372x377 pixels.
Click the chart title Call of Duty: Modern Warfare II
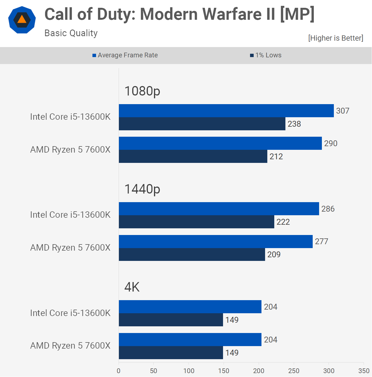click(x=179, y=14)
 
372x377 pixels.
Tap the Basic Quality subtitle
click(x=71, y=33)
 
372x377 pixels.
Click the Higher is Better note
click(x=336, y=38)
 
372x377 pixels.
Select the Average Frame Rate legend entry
click(x=125, y=55)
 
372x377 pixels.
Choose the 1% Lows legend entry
click(x=266, y=55)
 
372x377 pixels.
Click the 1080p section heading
click(x=142, y=91)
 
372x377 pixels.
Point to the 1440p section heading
click(x=142, y=189)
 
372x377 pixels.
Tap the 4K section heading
click(x=132, y=287)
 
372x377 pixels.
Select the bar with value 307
click(x=226, y=111)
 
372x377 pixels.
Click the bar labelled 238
click(x=202, y=124)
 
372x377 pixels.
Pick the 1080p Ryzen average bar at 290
click(x=220, y=143)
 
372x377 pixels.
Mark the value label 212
click(x=276, y=156)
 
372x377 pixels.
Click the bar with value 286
click(x=219, y=209)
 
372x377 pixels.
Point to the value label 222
click(x=283, y=222)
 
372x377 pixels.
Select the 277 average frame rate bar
click(x=216, y=241)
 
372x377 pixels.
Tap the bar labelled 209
click(x=192, y=254)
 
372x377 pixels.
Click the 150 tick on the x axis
click(x=224, y=371)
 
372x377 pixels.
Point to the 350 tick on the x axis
click(x=364, y=371)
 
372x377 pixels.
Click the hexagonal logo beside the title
click(x=22, y=20)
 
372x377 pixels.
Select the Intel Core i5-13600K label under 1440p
click(x=70, y=215)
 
